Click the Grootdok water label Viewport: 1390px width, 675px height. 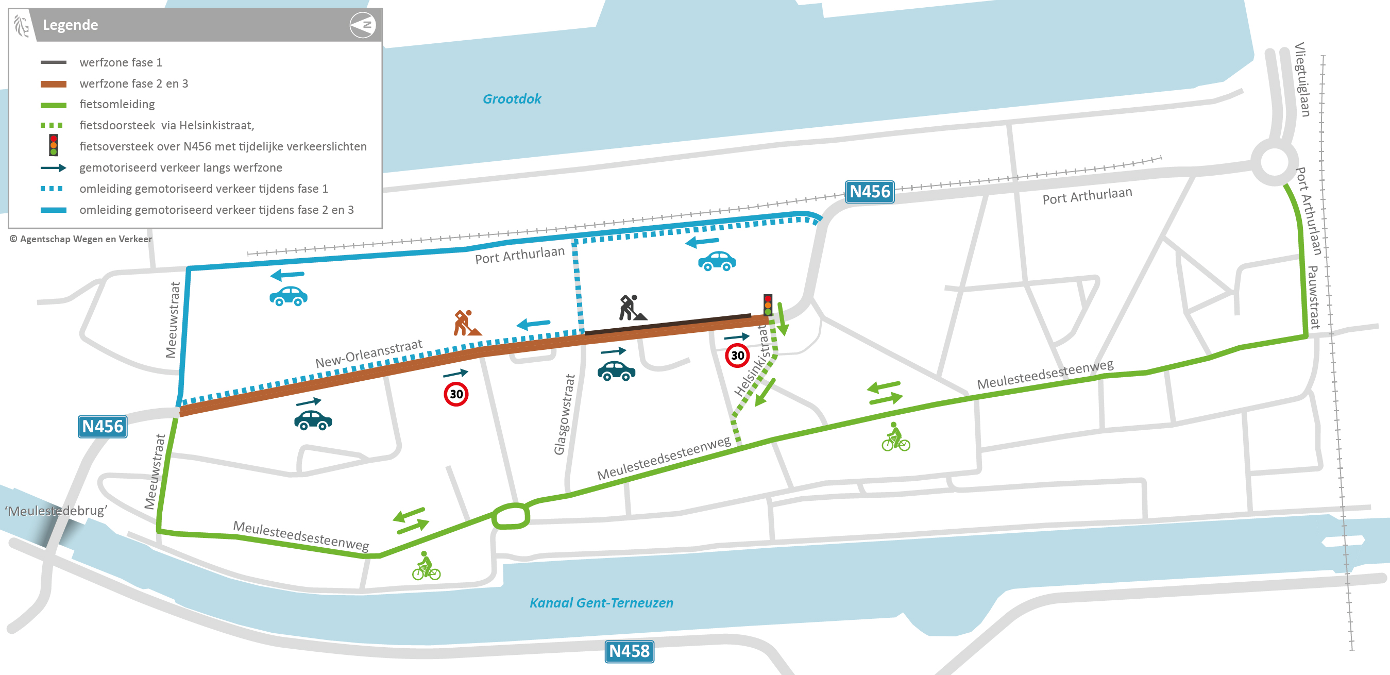coord(512,99)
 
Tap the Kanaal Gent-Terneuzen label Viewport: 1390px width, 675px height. coord(601,603)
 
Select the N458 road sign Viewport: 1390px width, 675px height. coord(629,651)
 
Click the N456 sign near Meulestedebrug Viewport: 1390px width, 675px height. coord(103,427)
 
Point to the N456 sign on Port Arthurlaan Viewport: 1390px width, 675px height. coord(869,192)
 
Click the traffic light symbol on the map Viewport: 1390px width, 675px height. coord(767,305)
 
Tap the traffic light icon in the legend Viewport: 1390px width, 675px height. coord(54,146)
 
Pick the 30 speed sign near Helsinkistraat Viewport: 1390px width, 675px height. coord(737,356)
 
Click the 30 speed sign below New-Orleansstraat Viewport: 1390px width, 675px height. coord(456,394)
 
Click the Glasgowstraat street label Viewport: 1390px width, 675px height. coord(565,414)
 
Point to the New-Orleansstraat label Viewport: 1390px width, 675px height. coord(368,353)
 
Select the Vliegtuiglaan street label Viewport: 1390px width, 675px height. coord(1302,79)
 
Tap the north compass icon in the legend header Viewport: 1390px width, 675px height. coord(363,25)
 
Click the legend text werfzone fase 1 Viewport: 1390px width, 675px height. coord(121,62)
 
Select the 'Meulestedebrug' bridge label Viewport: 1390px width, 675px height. coord(56,511)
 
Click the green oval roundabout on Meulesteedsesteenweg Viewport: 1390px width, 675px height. coord(511,516)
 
